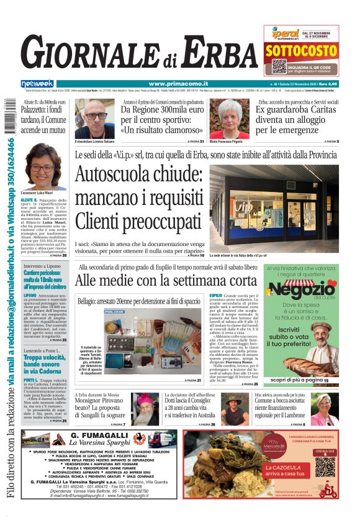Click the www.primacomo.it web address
[x=179, y=84]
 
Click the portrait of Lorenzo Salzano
[x=95, y=118]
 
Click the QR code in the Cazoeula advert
[x=325, y=467]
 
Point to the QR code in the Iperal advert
[x=279, y=66]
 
